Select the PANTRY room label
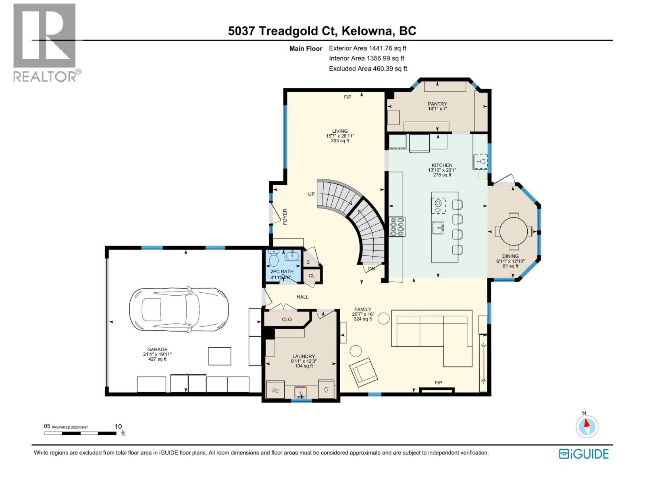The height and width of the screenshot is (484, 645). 437,104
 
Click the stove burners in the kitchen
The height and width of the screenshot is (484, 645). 397,227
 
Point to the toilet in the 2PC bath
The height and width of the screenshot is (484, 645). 274,258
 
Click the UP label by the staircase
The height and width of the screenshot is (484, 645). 311,194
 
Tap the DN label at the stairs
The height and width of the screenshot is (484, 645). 371,269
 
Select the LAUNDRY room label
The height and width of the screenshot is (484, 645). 303,357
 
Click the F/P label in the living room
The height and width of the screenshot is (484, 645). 347,97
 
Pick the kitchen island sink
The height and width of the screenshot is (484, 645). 438,227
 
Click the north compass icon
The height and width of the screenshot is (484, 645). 587,426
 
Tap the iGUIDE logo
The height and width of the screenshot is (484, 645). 583,454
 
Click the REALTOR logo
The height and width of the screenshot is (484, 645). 45,42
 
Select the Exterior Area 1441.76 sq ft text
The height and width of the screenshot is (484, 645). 367,48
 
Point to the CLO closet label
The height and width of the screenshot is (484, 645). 287,319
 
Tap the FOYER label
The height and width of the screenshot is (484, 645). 285,217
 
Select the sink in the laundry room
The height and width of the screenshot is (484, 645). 300,392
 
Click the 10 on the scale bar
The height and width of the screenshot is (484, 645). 118,426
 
